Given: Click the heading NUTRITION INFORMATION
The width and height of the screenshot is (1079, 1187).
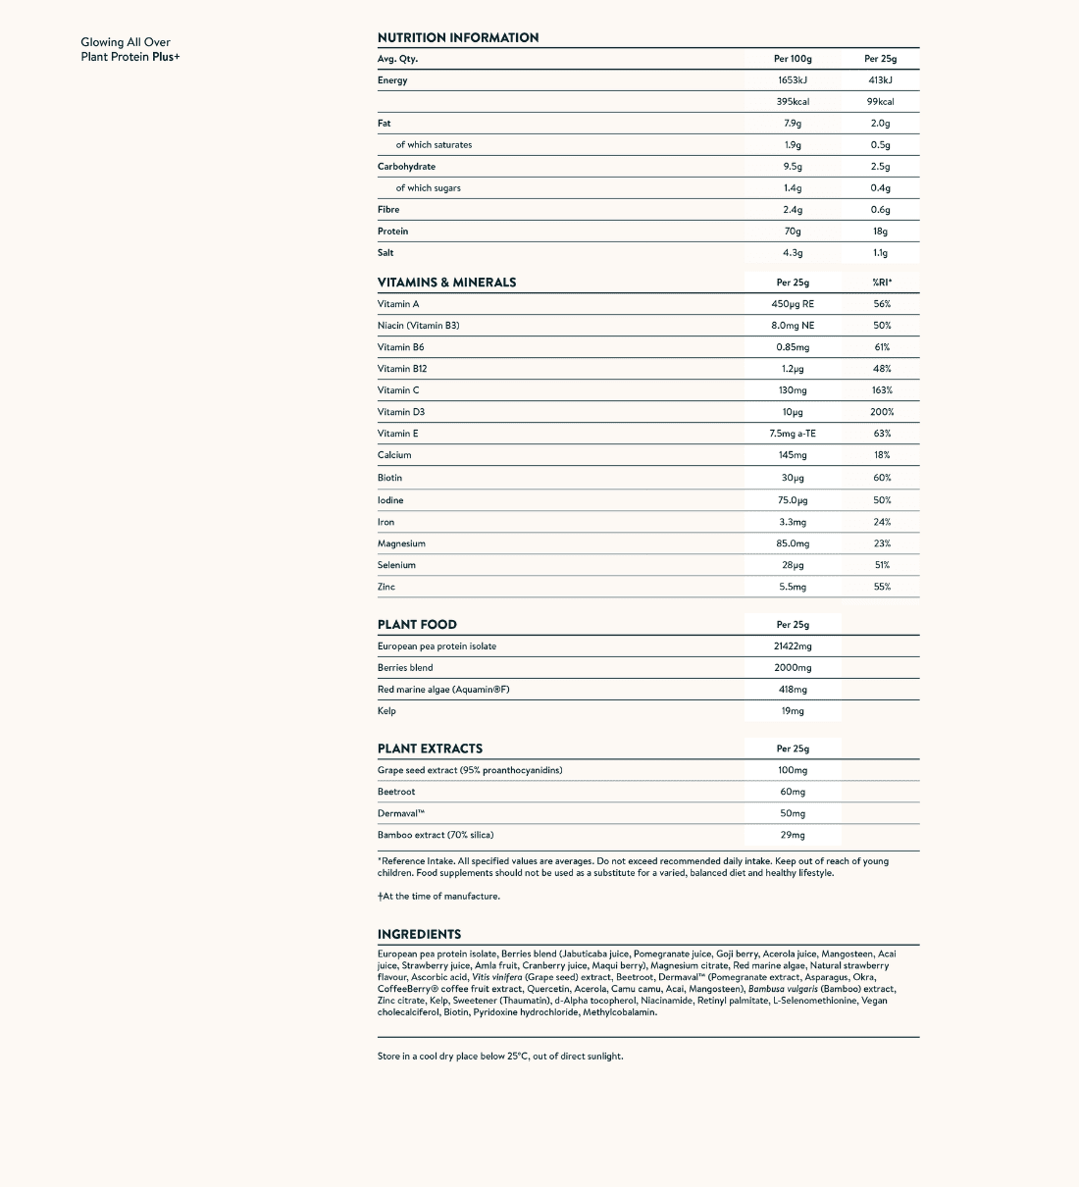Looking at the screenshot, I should pyautogui.click(x=457, y=37).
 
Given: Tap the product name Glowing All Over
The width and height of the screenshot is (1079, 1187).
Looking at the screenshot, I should pyautogui.click(x=126, y=42).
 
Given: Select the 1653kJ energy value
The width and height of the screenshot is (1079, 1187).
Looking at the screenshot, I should pyautogui.click(x=793, y=80).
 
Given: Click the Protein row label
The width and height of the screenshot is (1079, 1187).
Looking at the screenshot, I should pyautogui.click(x=392, y=232).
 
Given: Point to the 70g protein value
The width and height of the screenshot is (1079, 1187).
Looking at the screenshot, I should pyautogui.click(x=793, y=232).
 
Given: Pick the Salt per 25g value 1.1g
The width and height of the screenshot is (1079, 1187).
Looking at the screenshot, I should pyautogui.click(x=880, y=253).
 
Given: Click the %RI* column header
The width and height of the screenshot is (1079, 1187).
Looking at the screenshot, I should pyautogui.click(x=882, y=283).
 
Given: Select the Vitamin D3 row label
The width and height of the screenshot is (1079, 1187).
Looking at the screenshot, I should pyautogui.click(x=401, y=412).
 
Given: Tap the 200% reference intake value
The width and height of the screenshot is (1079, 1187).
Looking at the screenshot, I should pyautogui.click(x=882, y=412).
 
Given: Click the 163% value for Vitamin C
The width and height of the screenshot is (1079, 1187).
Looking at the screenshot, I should pyautogui.click(x=882, y=390).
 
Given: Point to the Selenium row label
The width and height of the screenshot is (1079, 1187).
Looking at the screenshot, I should pyautogui.click(x=396, y=565).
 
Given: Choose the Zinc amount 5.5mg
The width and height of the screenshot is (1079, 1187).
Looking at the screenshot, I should pyautogui.click(x=793, y=587).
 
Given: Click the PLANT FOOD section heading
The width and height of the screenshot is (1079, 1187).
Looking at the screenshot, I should pyautogui.click(x=417, y=625).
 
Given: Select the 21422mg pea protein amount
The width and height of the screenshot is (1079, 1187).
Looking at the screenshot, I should pyautogui.click(x=793, y=646).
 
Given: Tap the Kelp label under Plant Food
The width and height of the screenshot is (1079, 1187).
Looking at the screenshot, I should pyautogui.click(x=386, y=711).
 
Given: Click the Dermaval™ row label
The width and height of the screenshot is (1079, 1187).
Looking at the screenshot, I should pyautogui.click(x=400, y=813).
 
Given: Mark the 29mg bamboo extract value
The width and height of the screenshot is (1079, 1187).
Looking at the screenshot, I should pyautogui.click(x=793, y=835).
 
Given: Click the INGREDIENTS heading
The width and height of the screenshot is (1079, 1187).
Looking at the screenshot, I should pyautogui.click(x=419, y=934).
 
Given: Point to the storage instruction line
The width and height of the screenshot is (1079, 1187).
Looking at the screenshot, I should pyautogui.click(x=500, y=1057).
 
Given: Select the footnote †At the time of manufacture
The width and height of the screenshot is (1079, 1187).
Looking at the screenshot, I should pyautogui.click(x=438, y=896).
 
